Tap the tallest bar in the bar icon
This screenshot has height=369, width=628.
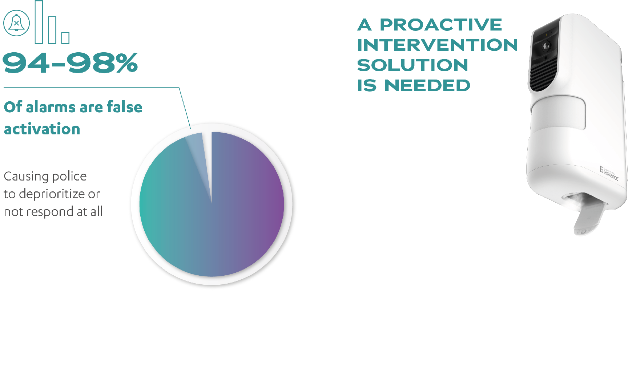pos(39,22)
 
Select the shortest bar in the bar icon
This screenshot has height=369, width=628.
pos(65,38)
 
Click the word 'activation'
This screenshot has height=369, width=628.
pos(42,129)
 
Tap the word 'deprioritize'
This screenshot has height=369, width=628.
pos(52,194)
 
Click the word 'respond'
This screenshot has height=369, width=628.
pos(56,211)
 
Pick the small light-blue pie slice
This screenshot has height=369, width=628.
pos(198,153)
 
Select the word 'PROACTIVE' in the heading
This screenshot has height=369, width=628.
pos(441,25)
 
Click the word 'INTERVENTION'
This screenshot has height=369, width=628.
pos(437,45)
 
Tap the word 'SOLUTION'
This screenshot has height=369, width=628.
pos(412,65)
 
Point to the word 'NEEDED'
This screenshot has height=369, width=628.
pos(427,86)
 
